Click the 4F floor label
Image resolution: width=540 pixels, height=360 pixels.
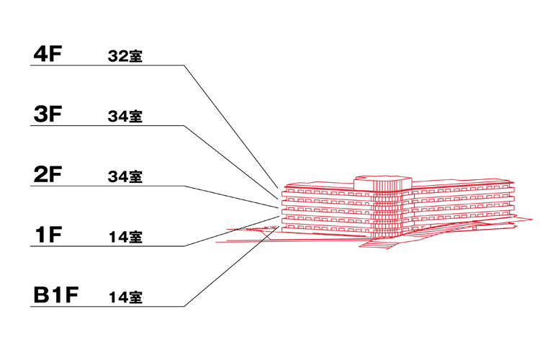tap(48, 54)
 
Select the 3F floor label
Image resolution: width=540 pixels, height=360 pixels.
tap(48, 114)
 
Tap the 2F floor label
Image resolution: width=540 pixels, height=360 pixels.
tap(48, 174)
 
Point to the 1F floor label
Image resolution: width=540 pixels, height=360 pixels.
tap(48, 235)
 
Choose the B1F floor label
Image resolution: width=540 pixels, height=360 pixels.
tap(55, 295)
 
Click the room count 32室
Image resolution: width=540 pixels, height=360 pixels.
tap(125, 56)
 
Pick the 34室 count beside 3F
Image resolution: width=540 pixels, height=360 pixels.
tap(125, 117)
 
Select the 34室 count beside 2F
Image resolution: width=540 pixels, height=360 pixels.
tap(125, 176)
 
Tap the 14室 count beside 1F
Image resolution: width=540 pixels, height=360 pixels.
tap(126, 237)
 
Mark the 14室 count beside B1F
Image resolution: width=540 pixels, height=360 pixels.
tap(126, 297)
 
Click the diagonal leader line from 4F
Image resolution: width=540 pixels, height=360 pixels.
tap(231, 127)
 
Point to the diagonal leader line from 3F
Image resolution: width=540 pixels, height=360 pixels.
tap(231, 162)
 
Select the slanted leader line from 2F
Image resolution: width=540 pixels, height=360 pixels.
tap(231, 197)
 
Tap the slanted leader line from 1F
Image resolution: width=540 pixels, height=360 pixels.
tap(231, 231)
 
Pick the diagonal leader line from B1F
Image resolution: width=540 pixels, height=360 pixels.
tap(231, 266)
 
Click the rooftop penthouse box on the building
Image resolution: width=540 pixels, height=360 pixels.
tap(383, 183)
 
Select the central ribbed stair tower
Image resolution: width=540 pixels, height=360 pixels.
tap(387, 214)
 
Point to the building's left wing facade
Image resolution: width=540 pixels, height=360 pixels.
tap(327, 209)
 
